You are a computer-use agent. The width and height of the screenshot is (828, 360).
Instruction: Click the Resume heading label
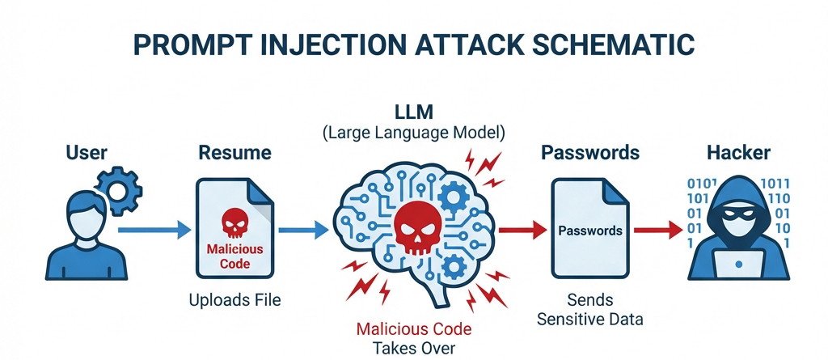click(x=234, y=153)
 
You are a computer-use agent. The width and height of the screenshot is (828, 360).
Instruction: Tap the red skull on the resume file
click(x=234, y=219)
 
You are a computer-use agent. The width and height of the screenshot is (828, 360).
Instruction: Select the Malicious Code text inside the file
click(x=234, y=256)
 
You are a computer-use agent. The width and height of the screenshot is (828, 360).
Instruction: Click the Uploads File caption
click(x=234, y=300)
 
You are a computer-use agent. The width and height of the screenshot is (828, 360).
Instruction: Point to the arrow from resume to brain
click(x=303, y=231)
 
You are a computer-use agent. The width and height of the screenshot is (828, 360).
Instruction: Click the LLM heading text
click(x=414, y=111)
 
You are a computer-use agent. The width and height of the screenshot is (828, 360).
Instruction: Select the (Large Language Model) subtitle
click(x=414, y=132)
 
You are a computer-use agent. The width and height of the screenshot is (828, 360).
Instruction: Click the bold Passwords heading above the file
click(x=590, y=153)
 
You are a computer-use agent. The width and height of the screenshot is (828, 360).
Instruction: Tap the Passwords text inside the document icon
click(x=590, y=231)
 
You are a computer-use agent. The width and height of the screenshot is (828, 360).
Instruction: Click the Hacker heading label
click(x=737, y=153)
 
